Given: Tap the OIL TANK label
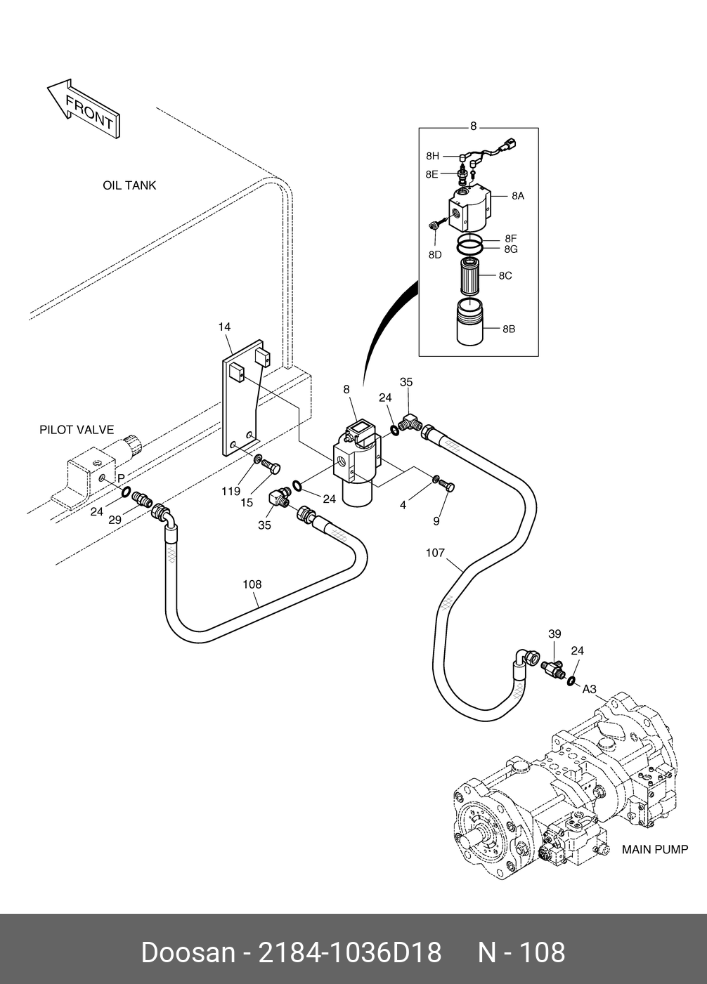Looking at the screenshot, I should pyautogui.click(x=129, y=185).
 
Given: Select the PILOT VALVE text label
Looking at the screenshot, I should pyautogui.click(x=77, y=430).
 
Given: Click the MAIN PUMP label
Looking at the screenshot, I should pyautogui.click(x=655, y=849).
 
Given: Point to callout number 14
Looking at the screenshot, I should pyautogui.click(x=224, y=327).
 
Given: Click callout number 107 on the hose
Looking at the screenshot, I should pyautogui.click(x=435, y=553).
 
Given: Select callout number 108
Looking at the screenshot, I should pyautogui.click(x=252, y=584).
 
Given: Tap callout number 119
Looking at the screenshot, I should pyautogui.click(x=231, y=492).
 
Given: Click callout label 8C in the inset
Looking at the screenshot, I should pyautogui.click(x=505, y=275).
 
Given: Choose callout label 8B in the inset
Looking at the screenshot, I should pyautogui.click(x=509, y=328).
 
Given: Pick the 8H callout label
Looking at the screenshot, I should pyautogui.click(x=432, y=156).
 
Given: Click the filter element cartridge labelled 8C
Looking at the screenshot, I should pyautogui.click(x=470, y=276).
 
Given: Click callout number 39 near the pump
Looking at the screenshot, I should pyautogui.click(x=554, y=634).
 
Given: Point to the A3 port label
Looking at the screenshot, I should pyautogui.click(x=589, y=689).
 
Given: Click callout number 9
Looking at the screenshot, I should pyautogui.click(x=436, y=520).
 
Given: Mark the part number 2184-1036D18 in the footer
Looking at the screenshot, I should pyautogui.click(x=350, y=952).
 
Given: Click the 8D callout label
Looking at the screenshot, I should pyautogui.click(x=435, y=254).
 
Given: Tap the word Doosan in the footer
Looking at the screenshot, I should pyautogui.click(x=187, y=952).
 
